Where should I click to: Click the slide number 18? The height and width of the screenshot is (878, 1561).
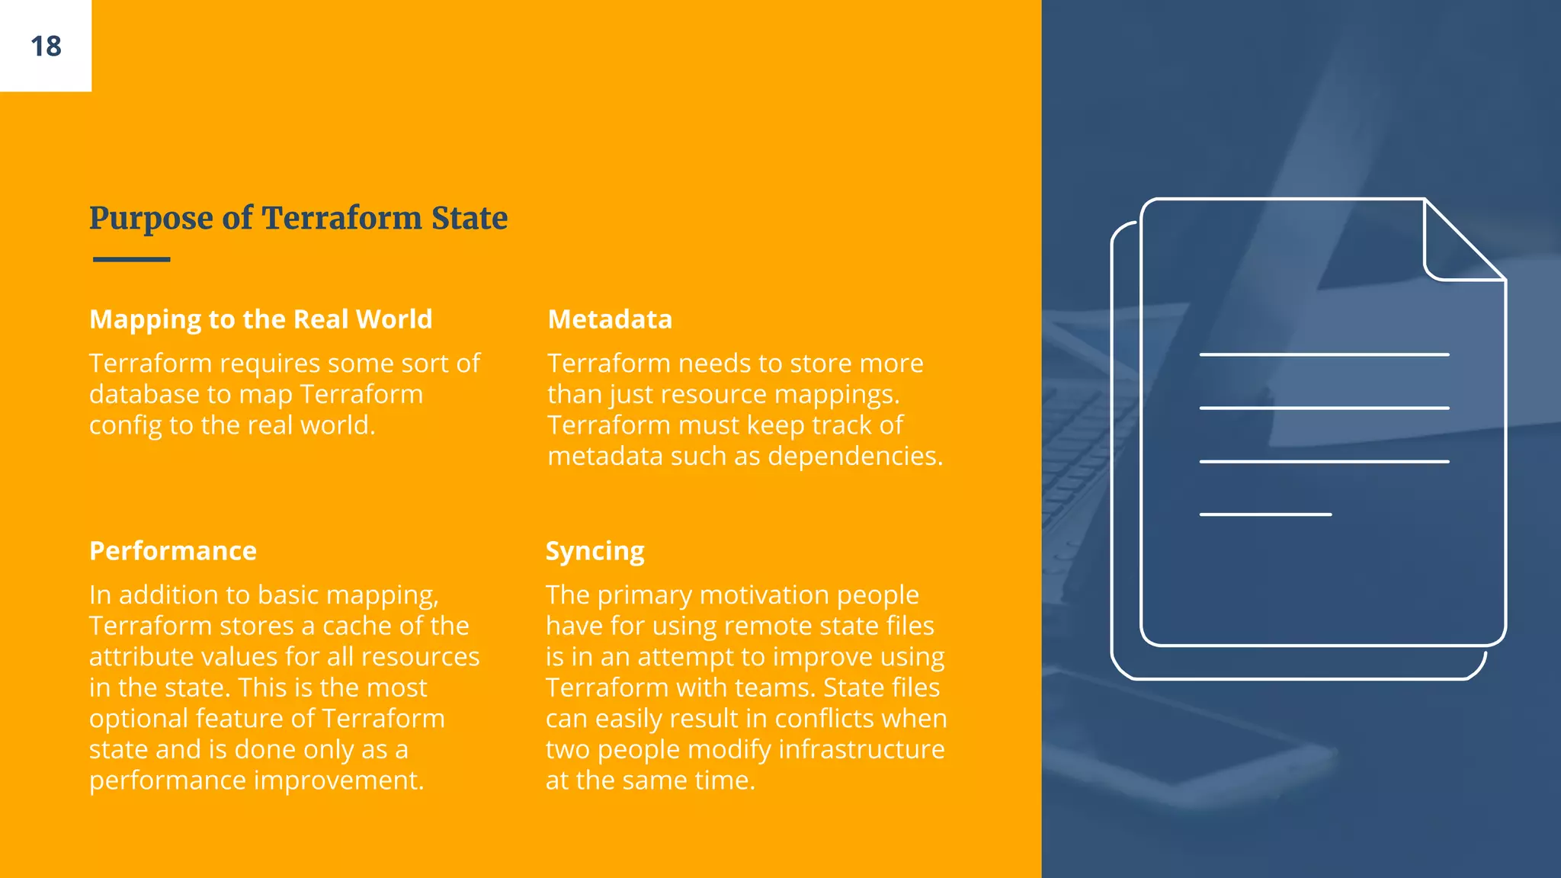coord(46,46)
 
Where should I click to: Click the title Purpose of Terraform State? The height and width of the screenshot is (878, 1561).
coord(298,218)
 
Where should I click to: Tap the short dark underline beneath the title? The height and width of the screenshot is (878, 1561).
coord(131,259)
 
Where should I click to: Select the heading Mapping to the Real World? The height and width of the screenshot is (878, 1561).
coord(261,319)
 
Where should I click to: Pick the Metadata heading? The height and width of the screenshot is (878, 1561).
coord(610,319)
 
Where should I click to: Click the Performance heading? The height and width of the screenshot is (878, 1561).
coord(173,550)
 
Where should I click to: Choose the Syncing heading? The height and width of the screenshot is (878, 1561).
coord(595,550)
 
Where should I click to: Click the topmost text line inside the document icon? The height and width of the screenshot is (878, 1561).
coord(1324,354)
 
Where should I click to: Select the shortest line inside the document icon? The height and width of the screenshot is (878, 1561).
coord(1265,514)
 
